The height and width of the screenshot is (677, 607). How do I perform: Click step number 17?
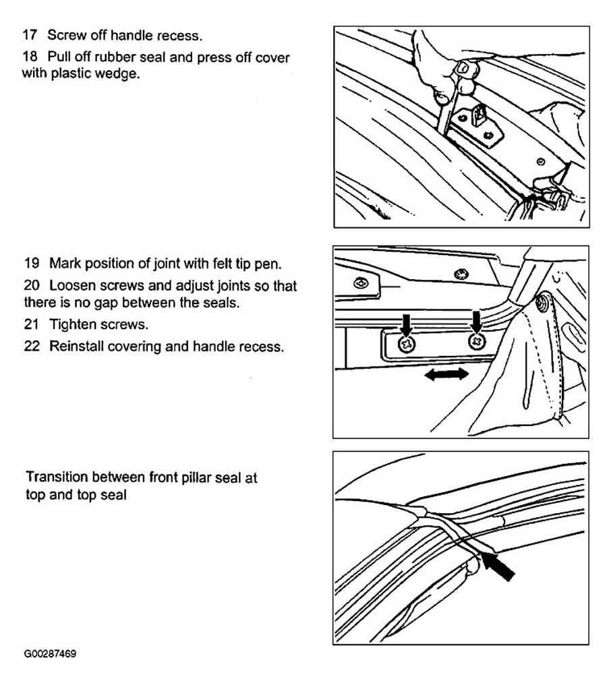pyautogui.click(x=30, y=35)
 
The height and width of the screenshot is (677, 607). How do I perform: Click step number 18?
pyautogui.click(x=30, y=57)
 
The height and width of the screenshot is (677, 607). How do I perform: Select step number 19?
pyautogui.click(x=32, y=263)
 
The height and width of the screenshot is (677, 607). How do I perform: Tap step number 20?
pyautogui.click(x=32, y=285)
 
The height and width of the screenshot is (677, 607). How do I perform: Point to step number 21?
pyautogui.click(x=32, y=324)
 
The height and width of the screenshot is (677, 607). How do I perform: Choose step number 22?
pyautogui.click(x=32, y=347)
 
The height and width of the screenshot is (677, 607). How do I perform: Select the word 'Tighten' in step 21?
pyautogui.click(x=73, y=325)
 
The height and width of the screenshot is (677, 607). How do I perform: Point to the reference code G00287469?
pyautogui.click(x=50, y=653)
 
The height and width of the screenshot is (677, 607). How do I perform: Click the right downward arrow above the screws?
pyautogui.click(x=476, y=322)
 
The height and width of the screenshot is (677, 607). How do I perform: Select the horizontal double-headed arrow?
pyautogui.click(x=447, y=374)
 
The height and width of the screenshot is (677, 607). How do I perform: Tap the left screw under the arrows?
pyautogui.click(x=407, y=344)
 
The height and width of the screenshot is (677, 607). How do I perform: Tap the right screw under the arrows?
pyautogui.click(x=477, y=341)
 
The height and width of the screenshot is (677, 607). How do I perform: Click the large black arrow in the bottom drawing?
pyautogui.click(x=498, y=566)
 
